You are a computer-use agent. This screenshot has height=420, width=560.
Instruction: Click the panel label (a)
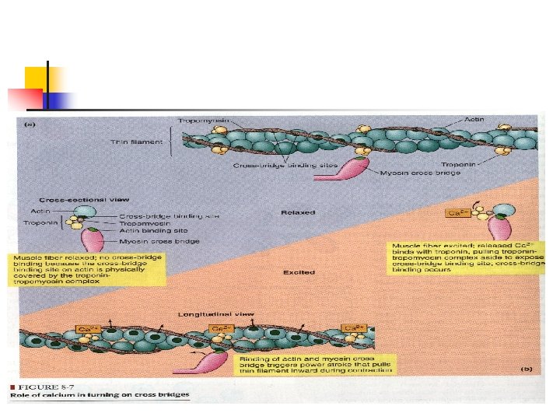29,123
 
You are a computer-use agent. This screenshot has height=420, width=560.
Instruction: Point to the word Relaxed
298,212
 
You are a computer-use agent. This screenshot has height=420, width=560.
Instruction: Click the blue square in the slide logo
61,100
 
